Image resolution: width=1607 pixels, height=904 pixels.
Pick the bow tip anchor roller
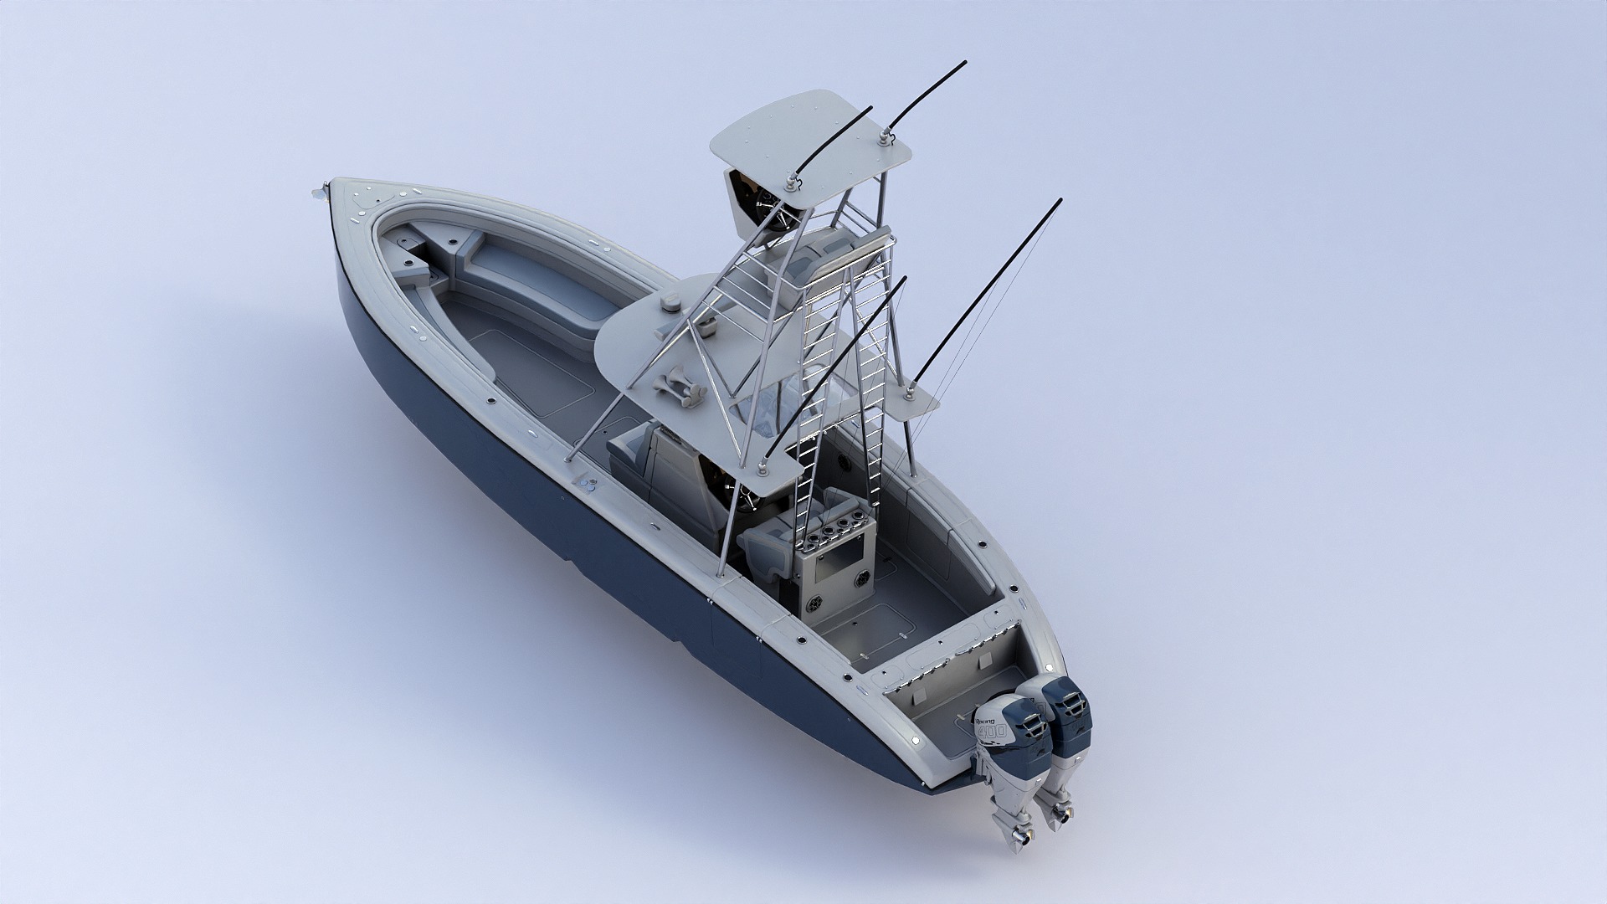tap(318, 193)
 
